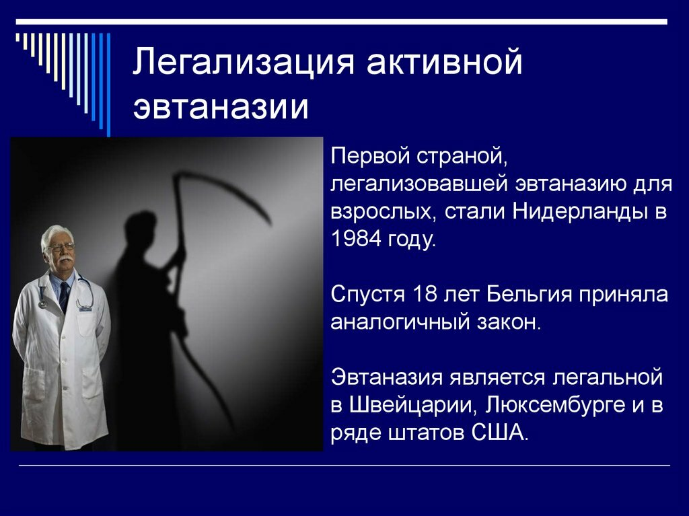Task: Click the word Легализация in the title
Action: coord(244,61)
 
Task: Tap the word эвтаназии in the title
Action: coord(221,107)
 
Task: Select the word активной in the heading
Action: coord(444,61)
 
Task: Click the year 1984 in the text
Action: coord(355,239)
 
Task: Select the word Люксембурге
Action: coord(555,405)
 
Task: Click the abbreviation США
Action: coord(499,433)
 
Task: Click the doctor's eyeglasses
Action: coord(61,247)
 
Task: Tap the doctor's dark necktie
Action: coord(64,296)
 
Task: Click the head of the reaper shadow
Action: coord(141,229)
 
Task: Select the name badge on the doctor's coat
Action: coord(85,309)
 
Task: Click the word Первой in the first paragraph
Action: coord(371,156)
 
